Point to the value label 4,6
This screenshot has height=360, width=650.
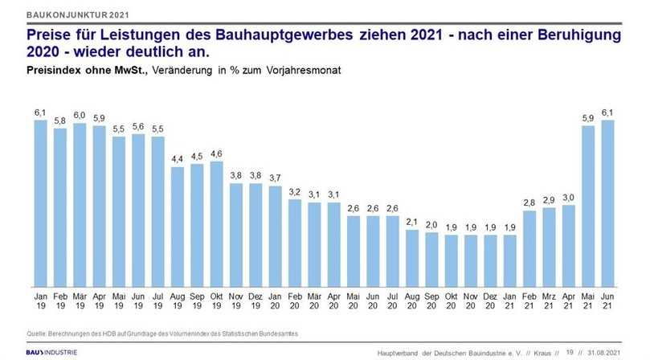point(216,153)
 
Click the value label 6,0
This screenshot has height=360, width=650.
point(80,115)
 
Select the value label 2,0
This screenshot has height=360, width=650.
point(432,224)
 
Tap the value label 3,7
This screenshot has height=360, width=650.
point(276,178)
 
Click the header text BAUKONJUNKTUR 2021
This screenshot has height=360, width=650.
point(76,15)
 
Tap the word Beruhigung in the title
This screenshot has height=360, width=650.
point(579,36)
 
